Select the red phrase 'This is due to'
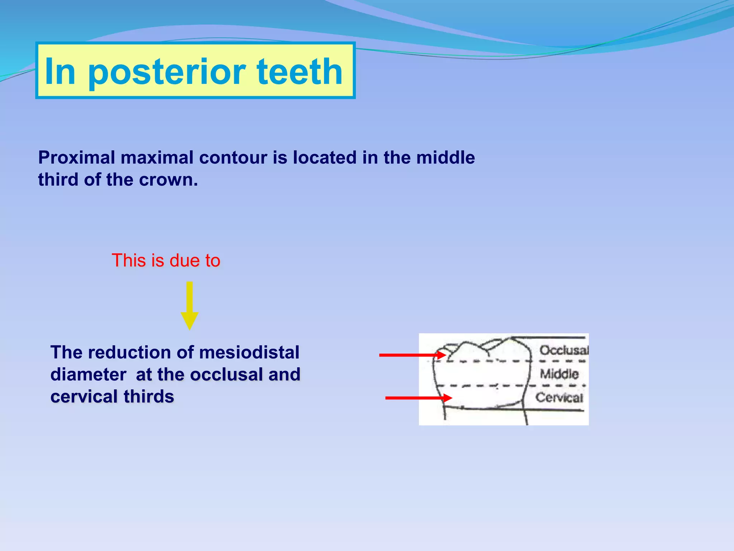click(x=166, y=260)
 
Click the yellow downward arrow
click(x=189, y=305)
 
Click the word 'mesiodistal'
click(x=249, y=353)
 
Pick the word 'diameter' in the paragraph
click(x=88, y=375)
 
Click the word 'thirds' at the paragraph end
click(x=149, y=397)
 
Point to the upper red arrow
click(x=412, y=355)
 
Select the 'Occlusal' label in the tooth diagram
click(x=564, y=350)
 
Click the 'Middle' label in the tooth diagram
click(x=559, y=374)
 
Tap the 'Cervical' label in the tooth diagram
click(x=559, y=397)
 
